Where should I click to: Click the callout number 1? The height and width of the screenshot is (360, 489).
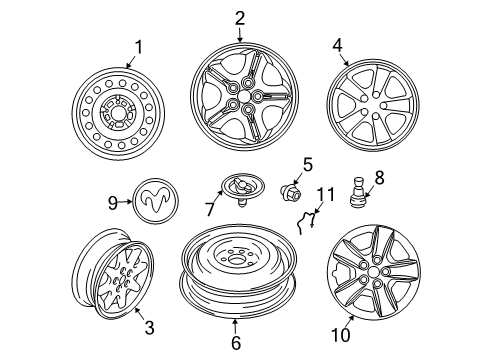[x=139, y=46]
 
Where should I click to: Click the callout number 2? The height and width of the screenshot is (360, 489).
[x=240, y=17]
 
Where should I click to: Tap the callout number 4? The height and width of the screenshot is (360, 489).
[x=337, y=44]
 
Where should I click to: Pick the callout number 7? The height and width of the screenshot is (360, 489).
[x=208, y=208]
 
